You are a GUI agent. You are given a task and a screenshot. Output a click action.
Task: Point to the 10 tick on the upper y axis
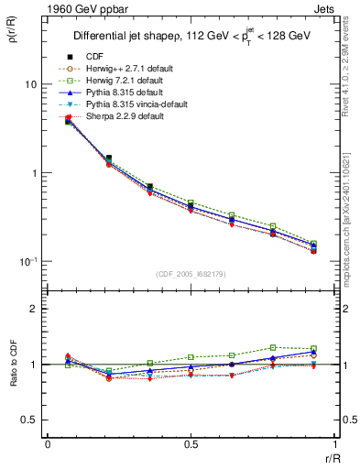(x=30, y=84)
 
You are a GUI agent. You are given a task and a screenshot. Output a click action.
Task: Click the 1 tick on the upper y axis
(x=33, y=173)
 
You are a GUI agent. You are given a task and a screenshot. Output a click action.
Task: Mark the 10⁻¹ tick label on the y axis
(x=28, y=261)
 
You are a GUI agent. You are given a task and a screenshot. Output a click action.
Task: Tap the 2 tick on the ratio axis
(x=33, y=309)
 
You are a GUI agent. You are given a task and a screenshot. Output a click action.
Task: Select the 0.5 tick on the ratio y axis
(x=28, y=420)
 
